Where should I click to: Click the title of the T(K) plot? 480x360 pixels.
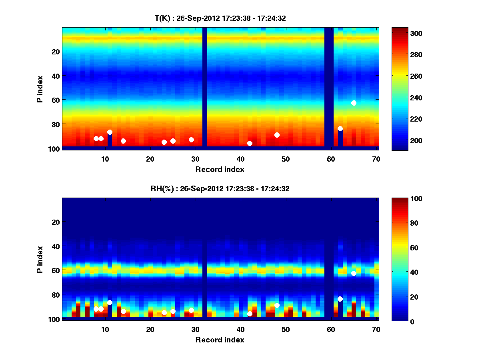[x=220, y=18]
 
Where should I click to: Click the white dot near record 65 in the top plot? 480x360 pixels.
[x=354, y=103]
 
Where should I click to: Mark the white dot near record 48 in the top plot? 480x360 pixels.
[x=277, y=135]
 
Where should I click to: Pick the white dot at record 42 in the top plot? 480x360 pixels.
[x=250, y=143]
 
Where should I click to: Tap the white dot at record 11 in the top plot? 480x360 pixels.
[x=110, y=132]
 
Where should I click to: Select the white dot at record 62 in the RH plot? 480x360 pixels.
[x=340, y=299]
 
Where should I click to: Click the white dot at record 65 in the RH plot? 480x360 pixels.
[x=354, y=273]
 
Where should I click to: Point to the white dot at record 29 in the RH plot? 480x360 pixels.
[x=191, y=310]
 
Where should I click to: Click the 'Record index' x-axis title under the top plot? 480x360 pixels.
[x=220, y=169]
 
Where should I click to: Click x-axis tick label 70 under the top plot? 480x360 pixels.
[x=376, y=158]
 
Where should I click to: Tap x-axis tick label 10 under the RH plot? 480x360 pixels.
[x=105, y=329]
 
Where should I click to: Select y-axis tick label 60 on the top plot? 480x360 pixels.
[x=55, y=100]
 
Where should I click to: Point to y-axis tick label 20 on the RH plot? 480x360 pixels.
[x=55, y=222]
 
